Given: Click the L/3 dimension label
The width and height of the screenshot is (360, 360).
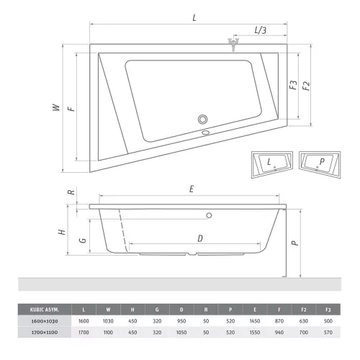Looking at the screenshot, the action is pyautogui.click(x=261, y=30).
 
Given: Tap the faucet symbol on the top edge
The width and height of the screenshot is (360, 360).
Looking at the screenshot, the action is pyautogui.click(x=233, y=44).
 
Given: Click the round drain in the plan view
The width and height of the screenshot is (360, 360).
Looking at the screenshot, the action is pyautogui.click(x=203, y=120).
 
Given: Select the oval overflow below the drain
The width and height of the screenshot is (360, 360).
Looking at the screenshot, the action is pyautogui.click(x=206, y=132).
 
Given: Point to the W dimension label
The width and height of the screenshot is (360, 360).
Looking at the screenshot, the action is pyautogui.click(x=56, y=107).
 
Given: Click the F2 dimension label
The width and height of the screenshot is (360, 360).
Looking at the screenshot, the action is pyautogui.click(x=306, y=86).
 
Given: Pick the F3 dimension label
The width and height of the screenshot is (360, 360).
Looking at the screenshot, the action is pyautogui.click(x=293, y=85).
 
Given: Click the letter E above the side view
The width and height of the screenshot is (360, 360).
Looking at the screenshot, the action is pyautogui.click(x=192, y=189).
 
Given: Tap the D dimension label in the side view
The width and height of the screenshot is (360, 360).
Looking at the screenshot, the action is pyautogui.click(x=200, y=238).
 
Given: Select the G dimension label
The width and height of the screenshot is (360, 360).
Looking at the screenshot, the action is pyautogui.click(x=83, y=240).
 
